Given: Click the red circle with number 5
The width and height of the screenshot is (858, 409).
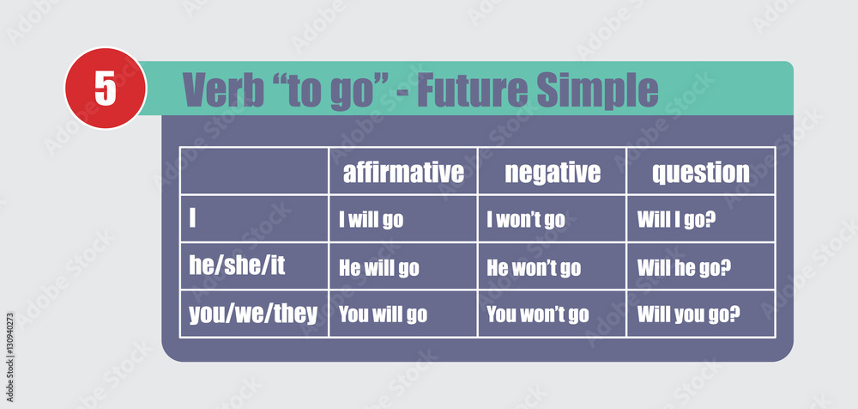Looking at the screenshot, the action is click(x=106, y=89).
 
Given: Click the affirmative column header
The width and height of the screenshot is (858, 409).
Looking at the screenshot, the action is click(x=403, y=172).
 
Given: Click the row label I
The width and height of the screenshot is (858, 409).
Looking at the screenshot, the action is click(x=192, y=218).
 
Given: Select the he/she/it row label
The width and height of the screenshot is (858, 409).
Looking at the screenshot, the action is click(x=237, y=266).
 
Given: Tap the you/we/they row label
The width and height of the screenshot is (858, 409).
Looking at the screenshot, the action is click(x=253, y=314).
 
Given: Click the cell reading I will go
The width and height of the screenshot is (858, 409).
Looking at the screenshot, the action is click(x=371, y=221).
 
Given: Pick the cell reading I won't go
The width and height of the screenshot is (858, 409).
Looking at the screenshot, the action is click(x=526, y=221).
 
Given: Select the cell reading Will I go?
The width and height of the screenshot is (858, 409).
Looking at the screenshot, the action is click(x=677, y=221).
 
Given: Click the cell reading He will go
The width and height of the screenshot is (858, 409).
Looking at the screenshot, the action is click(x=379, y=268).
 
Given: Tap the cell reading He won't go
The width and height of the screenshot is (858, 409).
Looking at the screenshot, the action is click(x=534, y=268).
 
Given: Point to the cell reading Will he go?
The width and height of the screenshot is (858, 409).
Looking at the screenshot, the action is click(x=684, y=268).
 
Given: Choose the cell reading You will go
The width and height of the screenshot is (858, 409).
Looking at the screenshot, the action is click(x=383, y=315).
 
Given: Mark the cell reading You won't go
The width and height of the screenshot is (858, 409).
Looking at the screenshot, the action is click(x=538, y=315).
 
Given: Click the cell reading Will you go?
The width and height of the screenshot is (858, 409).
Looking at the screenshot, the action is click(x=689, y=315).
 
